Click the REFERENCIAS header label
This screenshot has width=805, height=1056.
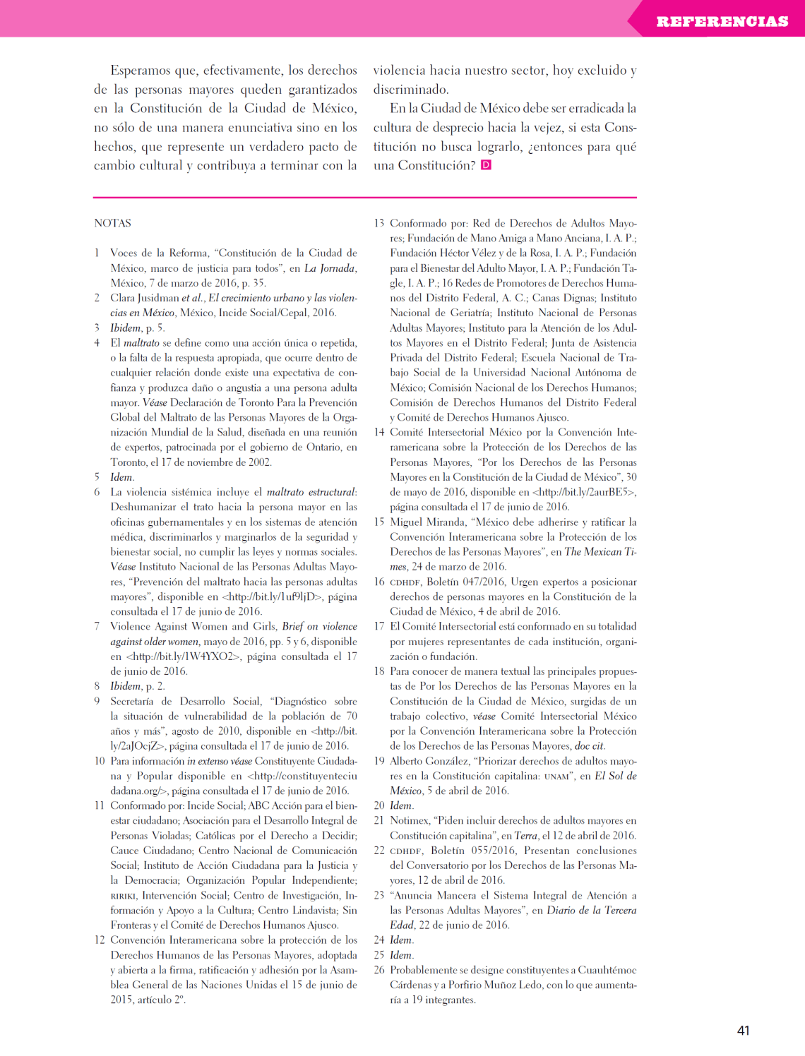click(722, 21)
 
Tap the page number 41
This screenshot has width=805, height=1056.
click(743, 1031)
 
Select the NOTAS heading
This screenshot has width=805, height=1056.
click(113, 223)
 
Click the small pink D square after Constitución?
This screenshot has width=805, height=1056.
click(486, 165)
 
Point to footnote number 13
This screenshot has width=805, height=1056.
click(379, 223)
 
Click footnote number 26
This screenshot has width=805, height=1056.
click(379, 970)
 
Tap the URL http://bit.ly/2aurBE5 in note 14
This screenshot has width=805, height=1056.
click(584, 492)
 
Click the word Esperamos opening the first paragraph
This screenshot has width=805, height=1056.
click(141, 71)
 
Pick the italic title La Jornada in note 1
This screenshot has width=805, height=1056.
click(330, 268)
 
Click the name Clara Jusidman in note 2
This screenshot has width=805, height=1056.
click(144, 298)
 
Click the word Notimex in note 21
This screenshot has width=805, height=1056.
click(410, 820)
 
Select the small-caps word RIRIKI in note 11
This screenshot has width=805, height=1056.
click(123, 896)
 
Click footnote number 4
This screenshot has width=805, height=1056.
click(97, 343)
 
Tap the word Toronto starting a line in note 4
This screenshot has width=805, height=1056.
click(128, 462)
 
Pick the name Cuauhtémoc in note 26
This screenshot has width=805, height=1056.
click(605, 970)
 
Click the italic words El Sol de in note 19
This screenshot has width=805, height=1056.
click(615, 776)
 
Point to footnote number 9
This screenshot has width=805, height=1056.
click(97, 701)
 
